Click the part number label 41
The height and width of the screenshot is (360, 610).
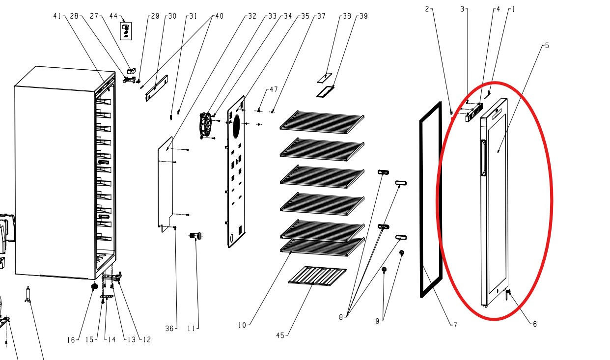tap(57, 16)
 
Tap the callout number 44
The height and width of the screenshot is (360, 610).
tap(113, 16)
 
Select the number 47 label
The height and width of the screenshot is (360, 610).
tap(274, 89)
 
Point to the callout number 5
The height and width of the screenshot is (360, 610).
tap(547, 46)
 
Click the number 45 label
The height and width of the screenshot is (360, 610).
tap(280, 335)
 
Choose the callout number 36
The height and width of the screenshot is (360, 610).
tap(169, 329)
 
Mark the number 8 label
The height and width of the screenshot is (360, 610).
tap(341, 317)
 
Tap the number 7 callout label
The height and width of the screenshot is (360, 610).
tap(455, 325)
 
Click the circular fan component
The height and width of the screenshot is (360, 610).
tap(206, 126)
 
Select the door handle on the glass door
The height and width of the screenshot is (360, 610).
tap(483, 158)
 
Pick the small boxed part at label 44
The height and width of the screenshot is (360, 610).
tap(126, 31)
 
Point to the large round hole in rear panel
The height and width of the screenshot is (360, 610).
tap(236, 126)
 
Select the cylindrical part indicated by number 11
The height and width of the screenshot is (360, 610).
tap(196, 236)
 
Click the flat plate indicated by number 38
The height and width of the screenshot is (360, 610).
tap(325, 78)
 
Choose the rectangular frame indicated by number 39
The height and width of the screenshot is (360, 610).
tap(325, 92)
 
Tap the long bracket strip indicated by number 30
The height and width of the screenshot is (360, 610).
tap(157, 88)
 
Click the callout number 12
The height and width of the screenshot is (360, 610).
tap(147, 339)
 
